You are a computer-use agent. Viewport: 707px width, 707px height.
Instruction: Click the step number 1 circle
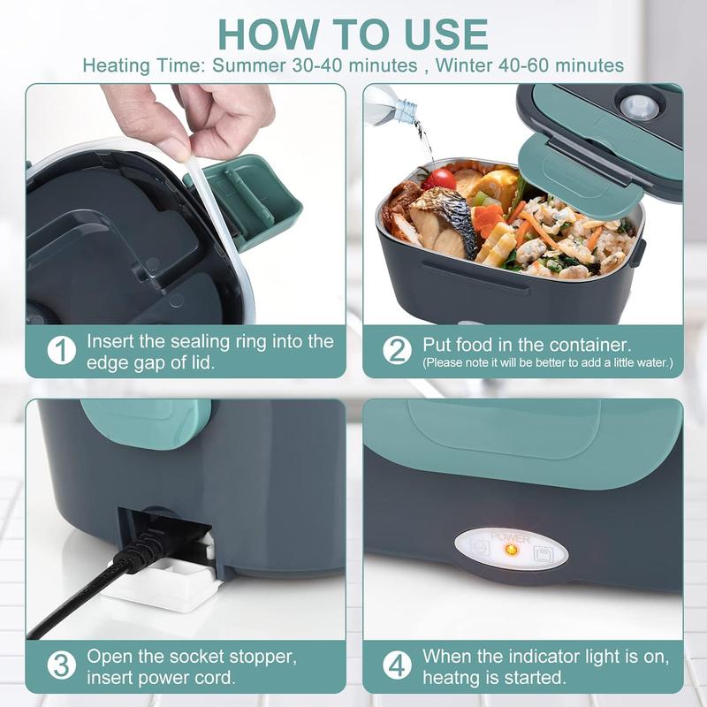[61, 350]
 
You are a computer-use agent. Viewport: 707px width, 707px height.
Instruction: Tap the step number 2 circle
[397, 350]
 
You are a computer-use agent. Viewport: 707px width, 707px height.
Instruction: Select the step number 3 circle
[61, 665]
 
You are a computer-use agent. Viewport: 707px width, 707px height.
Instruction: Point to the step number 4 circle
[397, 665]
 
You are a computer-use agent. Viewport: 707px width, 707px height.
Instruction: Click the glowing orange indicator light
[510, 550]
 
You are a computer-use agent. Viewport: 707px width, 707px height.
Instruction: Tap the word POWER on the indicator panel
[510, 536]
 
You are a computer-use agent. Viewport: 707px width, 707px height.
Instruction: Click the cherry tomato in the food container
[439, 179]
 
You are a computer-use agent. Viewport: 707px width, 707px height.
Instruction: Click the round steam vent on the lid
[639, 108]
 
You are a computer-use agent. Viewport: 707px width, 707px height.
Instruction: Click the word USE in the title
[442, 34]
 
